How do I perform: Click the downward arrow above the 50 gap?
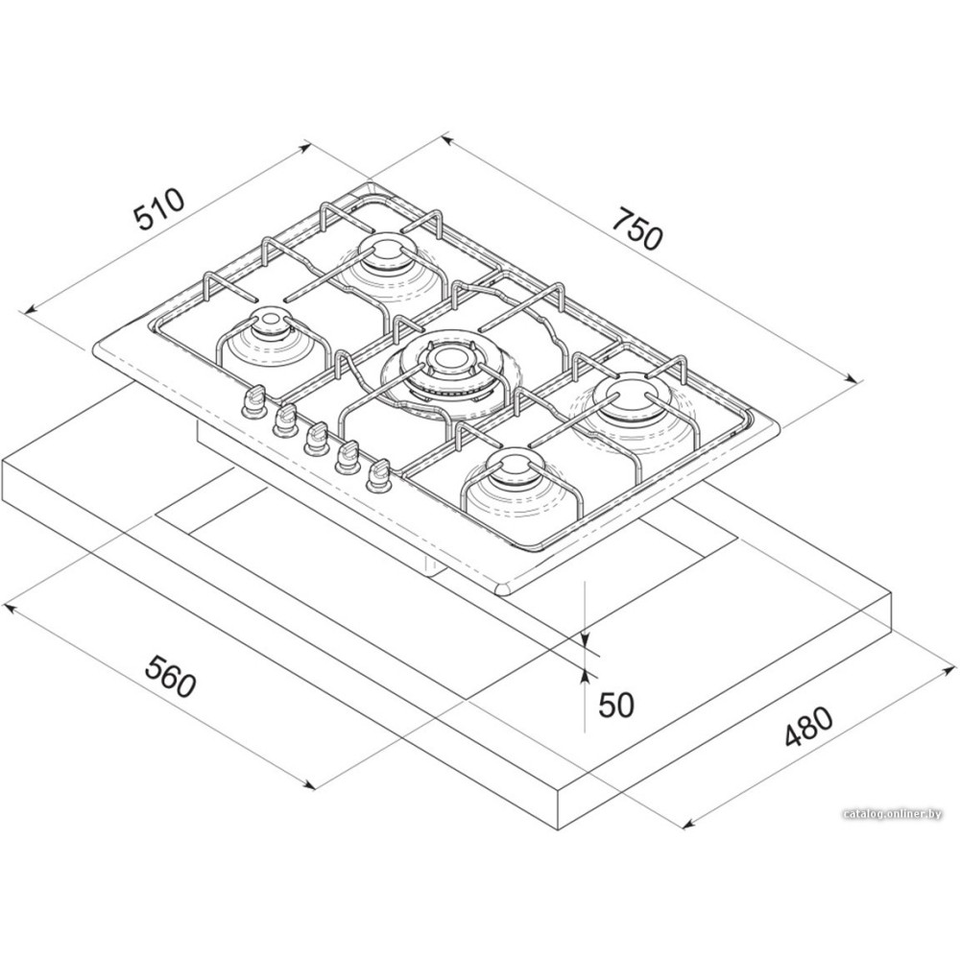[587, 637]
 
